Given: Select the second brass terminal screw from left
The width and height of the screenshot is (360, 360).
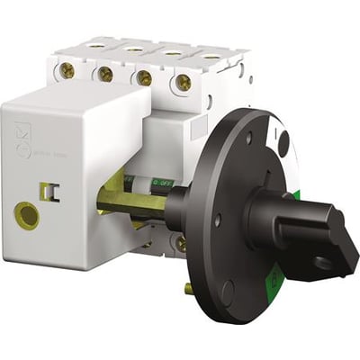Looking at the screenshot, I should (104, 76).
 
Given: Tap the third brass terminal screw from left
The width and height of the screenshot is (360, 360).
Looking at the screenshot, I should (144, 79).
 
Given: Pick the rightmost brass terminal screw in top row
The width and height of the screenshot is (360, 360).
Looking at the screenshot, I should (184, 82).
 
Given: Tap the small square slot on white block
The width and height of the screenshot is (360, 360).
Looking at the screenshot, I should (48, 190).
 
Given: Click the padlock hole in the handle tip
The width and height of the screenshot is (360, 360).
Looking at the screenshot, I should (320, 263).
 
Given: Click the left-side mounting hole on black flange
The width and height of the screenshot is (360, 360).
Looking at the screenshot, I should (217, 219).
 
